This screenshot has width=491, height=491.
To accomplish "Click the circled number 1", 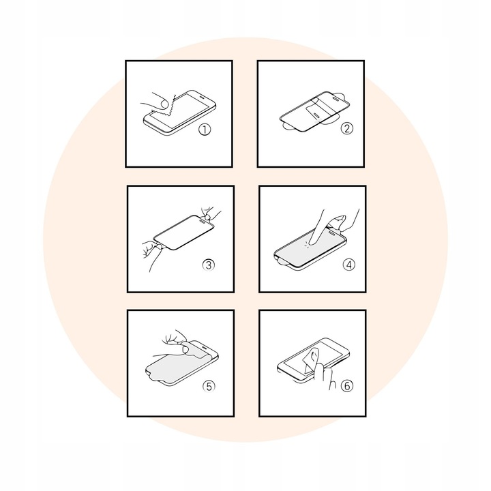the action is [205, 130].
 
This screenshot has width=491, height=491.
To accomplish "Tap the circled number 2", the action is [346, 128].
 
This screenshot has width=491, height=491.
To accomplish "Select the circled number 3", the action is [208, 265].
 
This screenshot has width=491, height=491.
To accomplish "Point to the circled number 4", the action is [349, 265].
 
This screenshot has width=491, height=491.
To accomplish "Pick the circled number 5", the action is [209, 386].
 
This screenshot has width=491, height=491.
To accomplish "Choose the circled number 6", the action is [347, 386].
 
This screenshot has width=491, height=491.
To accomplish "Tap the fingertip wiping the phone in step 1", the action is [163, 103].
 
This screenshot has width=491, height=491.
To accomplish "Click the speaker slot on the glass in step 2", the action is [336, 98].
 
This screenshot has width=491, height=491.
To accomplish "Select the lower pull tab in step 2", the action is [288, 125].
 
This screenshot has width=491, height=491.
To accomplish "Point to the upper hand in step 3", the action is [210, 213].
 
